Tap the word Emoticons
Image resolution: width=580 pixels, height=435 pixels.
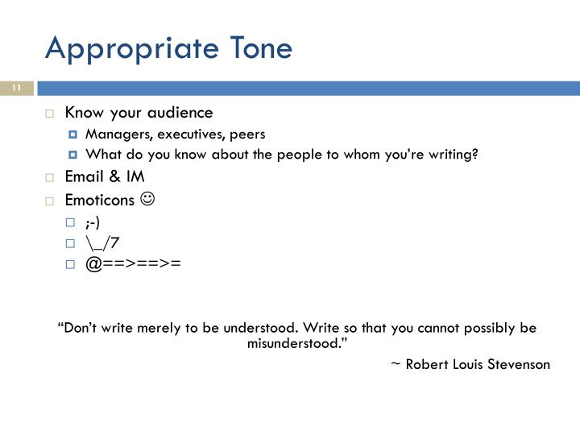click(x=99, y=198)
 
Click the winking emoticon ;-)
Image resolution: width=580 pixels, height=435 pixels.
click(x=94, y=220)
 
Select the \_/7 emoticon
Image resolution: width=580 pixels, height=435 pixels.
click(x=103, y=241)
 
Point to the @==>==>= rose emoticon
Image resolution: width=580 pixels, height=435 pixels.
click(x=130, y=263)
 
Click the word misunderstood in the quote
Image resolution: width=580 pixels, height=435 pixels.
click(x=293, y=343)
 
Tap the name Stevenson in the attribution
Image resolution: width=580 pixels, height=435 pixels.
click(x=518, y=364)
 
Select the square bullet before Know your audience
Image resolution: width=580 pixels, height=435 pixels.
click(x=49, y=113)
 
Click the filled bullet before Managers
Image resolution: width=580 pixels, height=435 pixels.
click(x=72, y=135)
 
